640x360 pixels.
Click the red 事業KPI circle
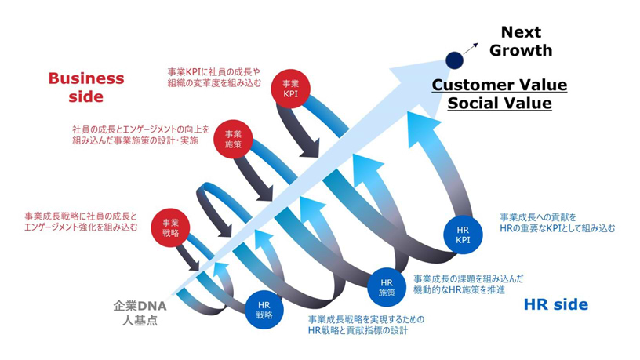(x=291, y=87)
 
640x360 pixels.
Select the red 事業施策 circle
(x=233, y=139)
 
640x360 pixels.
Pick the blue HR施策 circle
(x=386, y=286)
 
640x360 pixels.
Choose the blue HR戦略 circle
(x=264, y=309)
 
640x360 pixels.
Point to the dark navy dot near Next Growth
(x=453, y=59)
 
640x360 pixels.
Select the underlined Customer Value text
(x=499, y=85)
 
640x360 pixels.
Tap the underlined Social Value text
(x=499, y=104)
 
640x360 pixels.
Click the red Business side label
(x=86, y=87)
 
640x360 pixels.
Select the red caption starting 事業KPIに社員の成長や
(x=214, y=78)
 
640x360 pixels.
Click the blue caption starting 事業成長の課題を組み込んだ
(x=468, y=284)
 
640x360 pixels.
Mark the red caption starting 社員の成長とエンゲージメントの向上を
(x=141, y=135)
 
